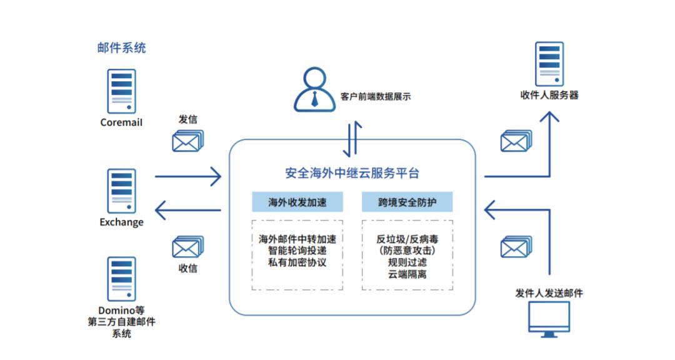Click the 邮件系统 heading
coord(121,47)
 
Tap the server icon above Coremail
coord(121,91)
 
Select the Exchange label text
coord(121,222)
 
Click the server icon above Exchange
coord(121,191)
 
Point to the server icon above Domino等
coord(121,279)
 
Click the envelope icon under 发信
coord(187,141)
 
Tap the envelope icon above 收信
coord(187,247)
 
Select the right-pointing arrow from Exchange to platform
coord(187,176)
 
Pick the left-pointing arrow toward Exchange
coord(187,210)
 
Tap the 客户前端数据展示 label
coord(376,97)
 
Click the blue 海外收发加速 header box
coord(297,202)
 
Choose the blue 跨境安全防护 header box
coord(407,202)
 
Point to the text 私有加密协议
coord(297,262)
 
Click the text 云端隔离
coord(407,274)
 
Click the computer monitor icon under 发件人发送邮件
coord(549,319)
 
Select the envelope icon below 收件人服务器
coord(516,141)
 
